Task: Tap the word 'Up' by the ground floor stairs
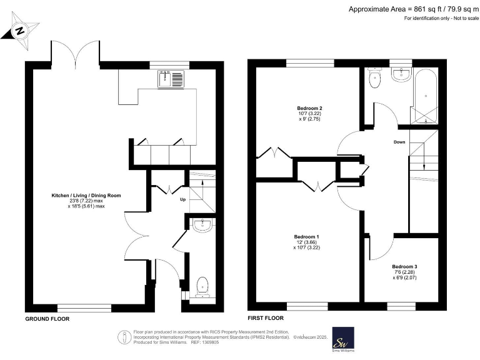tap(183, 200)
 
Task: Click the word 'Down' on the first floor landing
tap(400, 142)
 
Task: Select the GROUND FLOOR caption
tap(47, 319)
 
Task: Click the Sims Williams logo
tap(342, 341)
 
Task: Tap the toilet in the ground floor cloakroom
tap(202, 287)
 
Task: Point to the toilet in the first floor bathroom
tap(375, 78)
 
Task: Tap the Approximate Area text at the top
tap(413, 8)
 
